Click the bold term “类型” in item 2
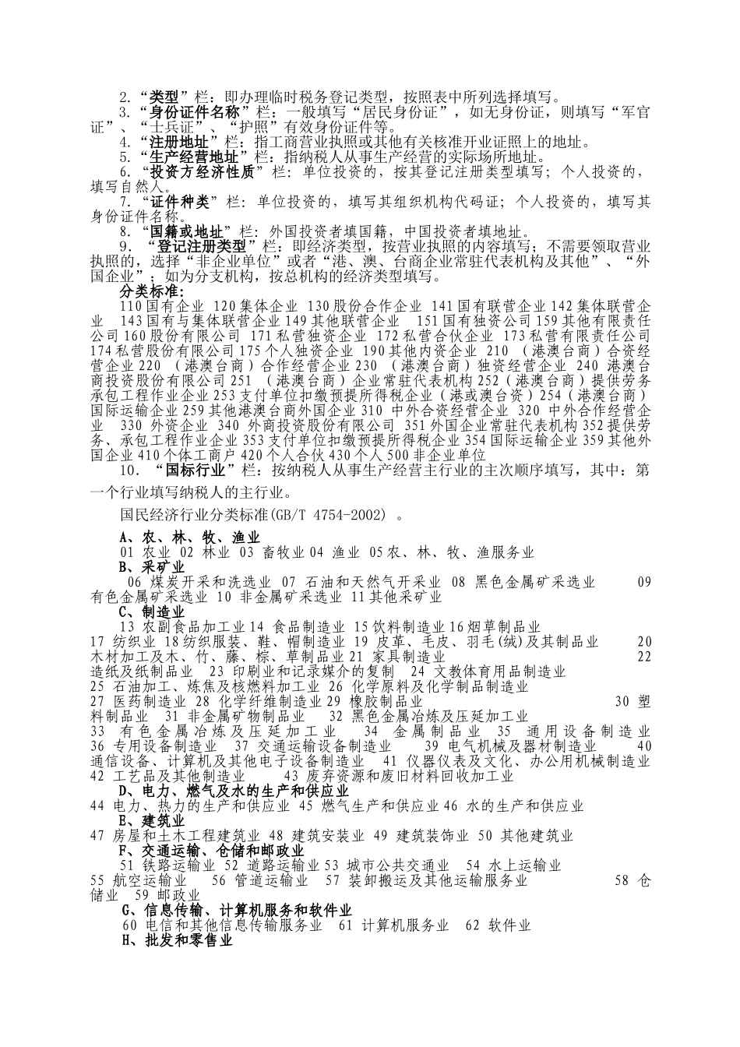coord(164,98)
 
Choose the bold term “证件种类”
coord(180,203)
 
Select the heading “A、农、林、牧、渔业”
coord(190,538)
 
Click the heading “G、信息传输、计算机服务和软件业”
coord(238,911)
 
